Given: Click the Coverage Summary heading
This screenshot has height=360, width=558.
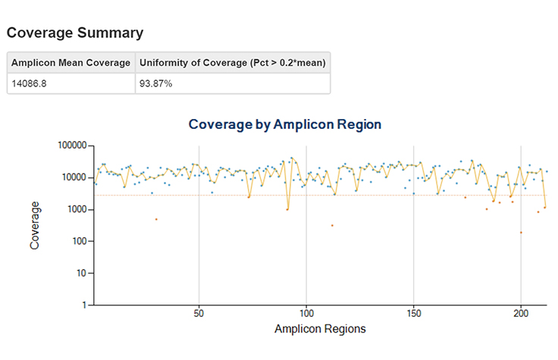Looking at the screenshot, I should (x=74, y=33).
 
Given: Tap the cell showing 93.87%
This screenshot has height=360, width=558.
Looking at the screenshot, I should (x=155, y=83).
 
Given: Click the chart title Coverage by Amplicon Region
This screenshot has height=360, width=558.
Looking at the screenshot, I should (x=284, y=124).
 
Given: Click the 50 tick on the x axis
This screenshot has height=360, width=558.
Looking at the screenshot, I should (x=199, y=313).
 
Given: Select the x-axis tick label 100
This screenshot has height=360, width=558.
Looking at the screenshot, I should (x=306, y=313).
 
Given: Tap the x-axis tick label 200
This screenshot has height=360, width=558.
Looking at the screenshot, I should (x=521, y=313).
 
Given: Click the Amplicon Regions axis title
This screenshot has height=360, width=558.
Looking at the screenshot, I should (x=319, y=329).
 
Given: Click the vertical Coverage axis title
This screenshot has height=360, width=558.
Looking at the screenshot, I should (x=35, y=225).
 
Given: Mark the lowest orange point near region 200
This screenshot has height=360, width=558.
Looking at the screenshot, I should (x=521, y=233).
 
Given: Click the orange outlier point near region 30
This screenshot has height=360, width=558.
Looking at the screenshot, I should (x=156, y=219).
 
